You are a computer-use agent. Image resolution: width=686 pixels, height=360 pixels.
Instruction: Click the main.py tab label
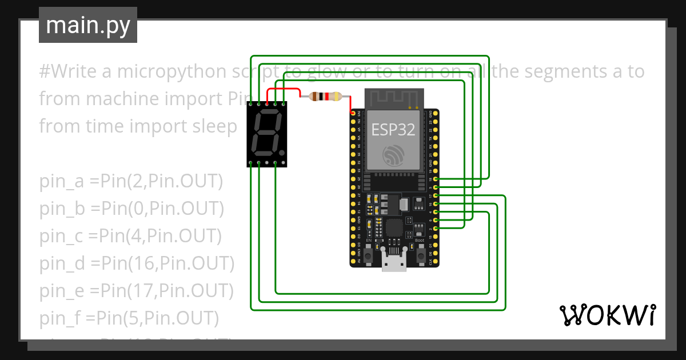88,25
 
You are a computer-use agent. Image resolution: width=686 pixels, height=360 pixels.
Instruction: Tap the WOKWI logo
607,315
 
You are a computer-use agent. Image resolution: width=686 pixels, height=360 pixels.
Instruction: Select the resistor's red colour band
326,97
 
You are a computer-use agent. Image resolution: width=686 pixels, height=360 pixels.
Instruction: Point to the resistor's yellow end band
337,97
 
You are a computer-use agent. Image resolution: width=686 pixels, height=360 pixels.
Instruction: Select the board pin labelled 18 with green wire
436,179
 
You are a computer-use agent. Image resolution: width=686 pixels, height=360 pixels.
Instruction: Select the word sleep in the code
212,126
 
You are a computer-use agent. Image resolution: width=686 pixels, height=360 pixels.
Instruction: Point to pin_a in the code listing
62,182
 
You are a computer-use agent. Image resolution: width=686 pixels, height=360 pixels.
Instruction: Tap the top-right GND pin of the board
436,114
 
